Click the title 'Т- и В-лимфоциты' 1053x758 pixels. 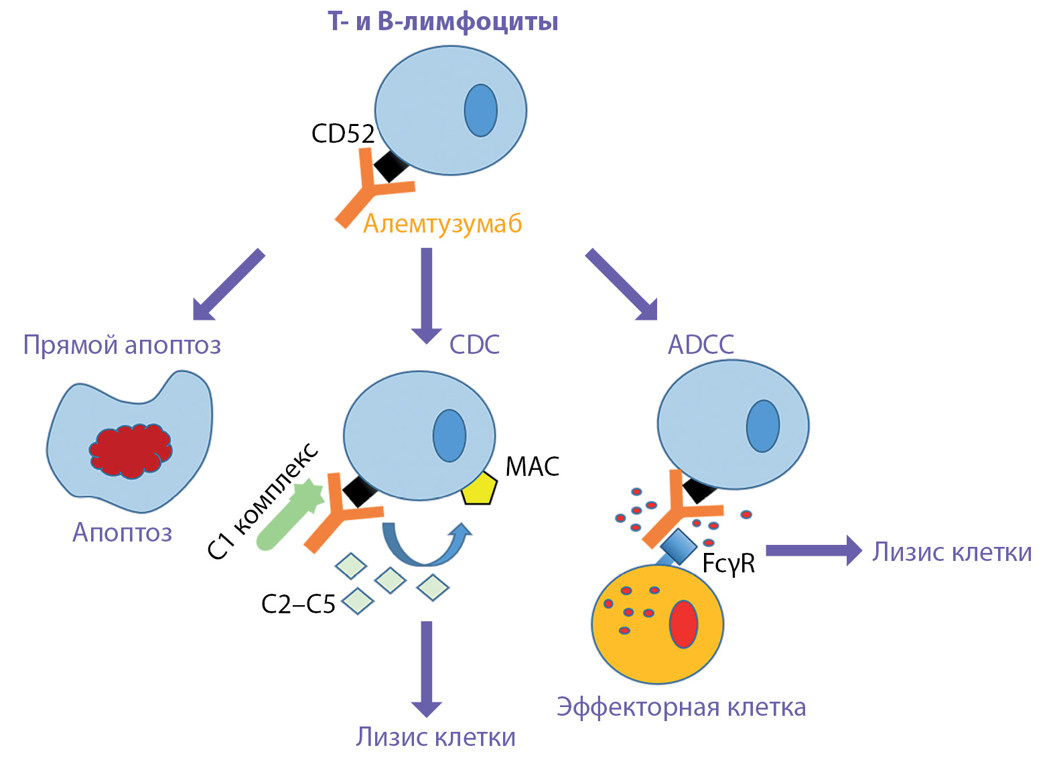443,21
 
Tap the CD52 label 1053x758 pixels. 342,133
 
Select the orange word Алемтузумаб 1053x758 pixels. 442,224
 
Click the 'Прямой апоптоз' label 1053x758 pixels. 122,345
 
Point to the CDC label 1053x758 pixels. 474,344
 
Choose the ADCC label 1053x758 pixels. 701,344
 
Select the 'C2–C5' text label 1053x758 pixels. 298,605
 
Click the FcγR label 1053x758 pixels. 729,564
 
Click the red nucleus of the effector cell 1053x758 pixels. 683,624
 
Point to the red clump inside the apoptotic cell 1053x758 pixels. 131,450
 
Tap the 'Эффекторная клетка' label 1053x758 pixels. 681,707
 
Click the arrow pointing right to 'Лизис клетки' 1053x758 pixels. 813,550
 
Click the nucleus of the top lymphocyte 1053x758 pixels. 481,111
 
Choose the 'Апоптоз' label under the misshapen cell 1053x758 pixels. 122,533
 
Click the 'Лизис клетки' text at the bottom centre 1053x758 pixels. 435,737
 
